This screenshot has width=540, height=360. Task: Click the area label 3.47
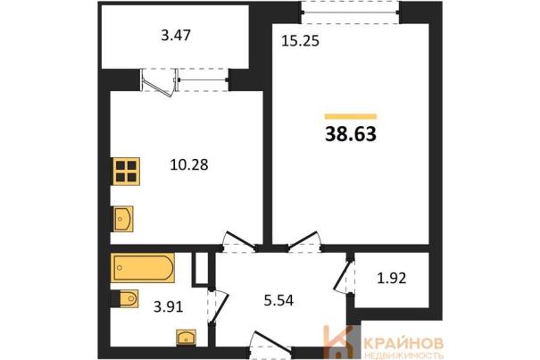[x=176, y=36]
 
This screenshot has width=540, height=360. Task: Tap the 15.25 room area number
[x=300, y=41]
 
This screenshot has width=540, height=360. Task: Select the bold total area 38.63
[x=351, y=134]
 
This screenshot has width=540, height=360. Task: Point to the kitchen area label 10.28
[x=189, y=165]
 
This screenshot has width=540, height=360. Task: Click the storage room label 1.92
[x=392, y=278]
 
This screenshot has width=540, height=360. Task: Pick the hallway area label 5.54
[x=278, y=300]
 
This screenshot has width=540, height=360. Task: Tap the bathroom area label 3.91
[x=169, y=306]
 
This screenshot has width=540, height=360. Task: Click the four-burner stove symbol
[x=126, y=171]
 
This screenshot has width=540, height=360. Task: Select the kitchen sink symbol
[x=122, y=219]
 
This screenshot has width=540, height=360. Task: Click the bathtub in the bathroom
[x=142, y=268]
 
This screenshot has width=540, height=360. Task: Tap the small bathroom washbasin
[x=186, y=337]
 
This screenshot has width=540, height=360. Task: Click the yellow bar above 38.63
[x=351, y=116]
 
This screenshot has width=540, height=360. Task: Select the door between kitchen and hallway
[x=238, y=241]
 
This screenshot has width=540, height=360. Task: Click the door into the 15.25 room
[x=304, y=241]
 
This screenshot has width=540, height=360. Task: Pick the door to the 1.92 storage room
[x=345, y=277]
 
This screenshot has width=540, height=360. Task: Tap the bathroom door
[x=219, y=306]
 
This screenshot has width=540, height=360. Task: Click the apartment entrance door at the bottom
[x=272, y=343]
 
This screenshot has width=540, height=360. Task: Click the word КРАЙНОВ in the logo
[x=403, y=343]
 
